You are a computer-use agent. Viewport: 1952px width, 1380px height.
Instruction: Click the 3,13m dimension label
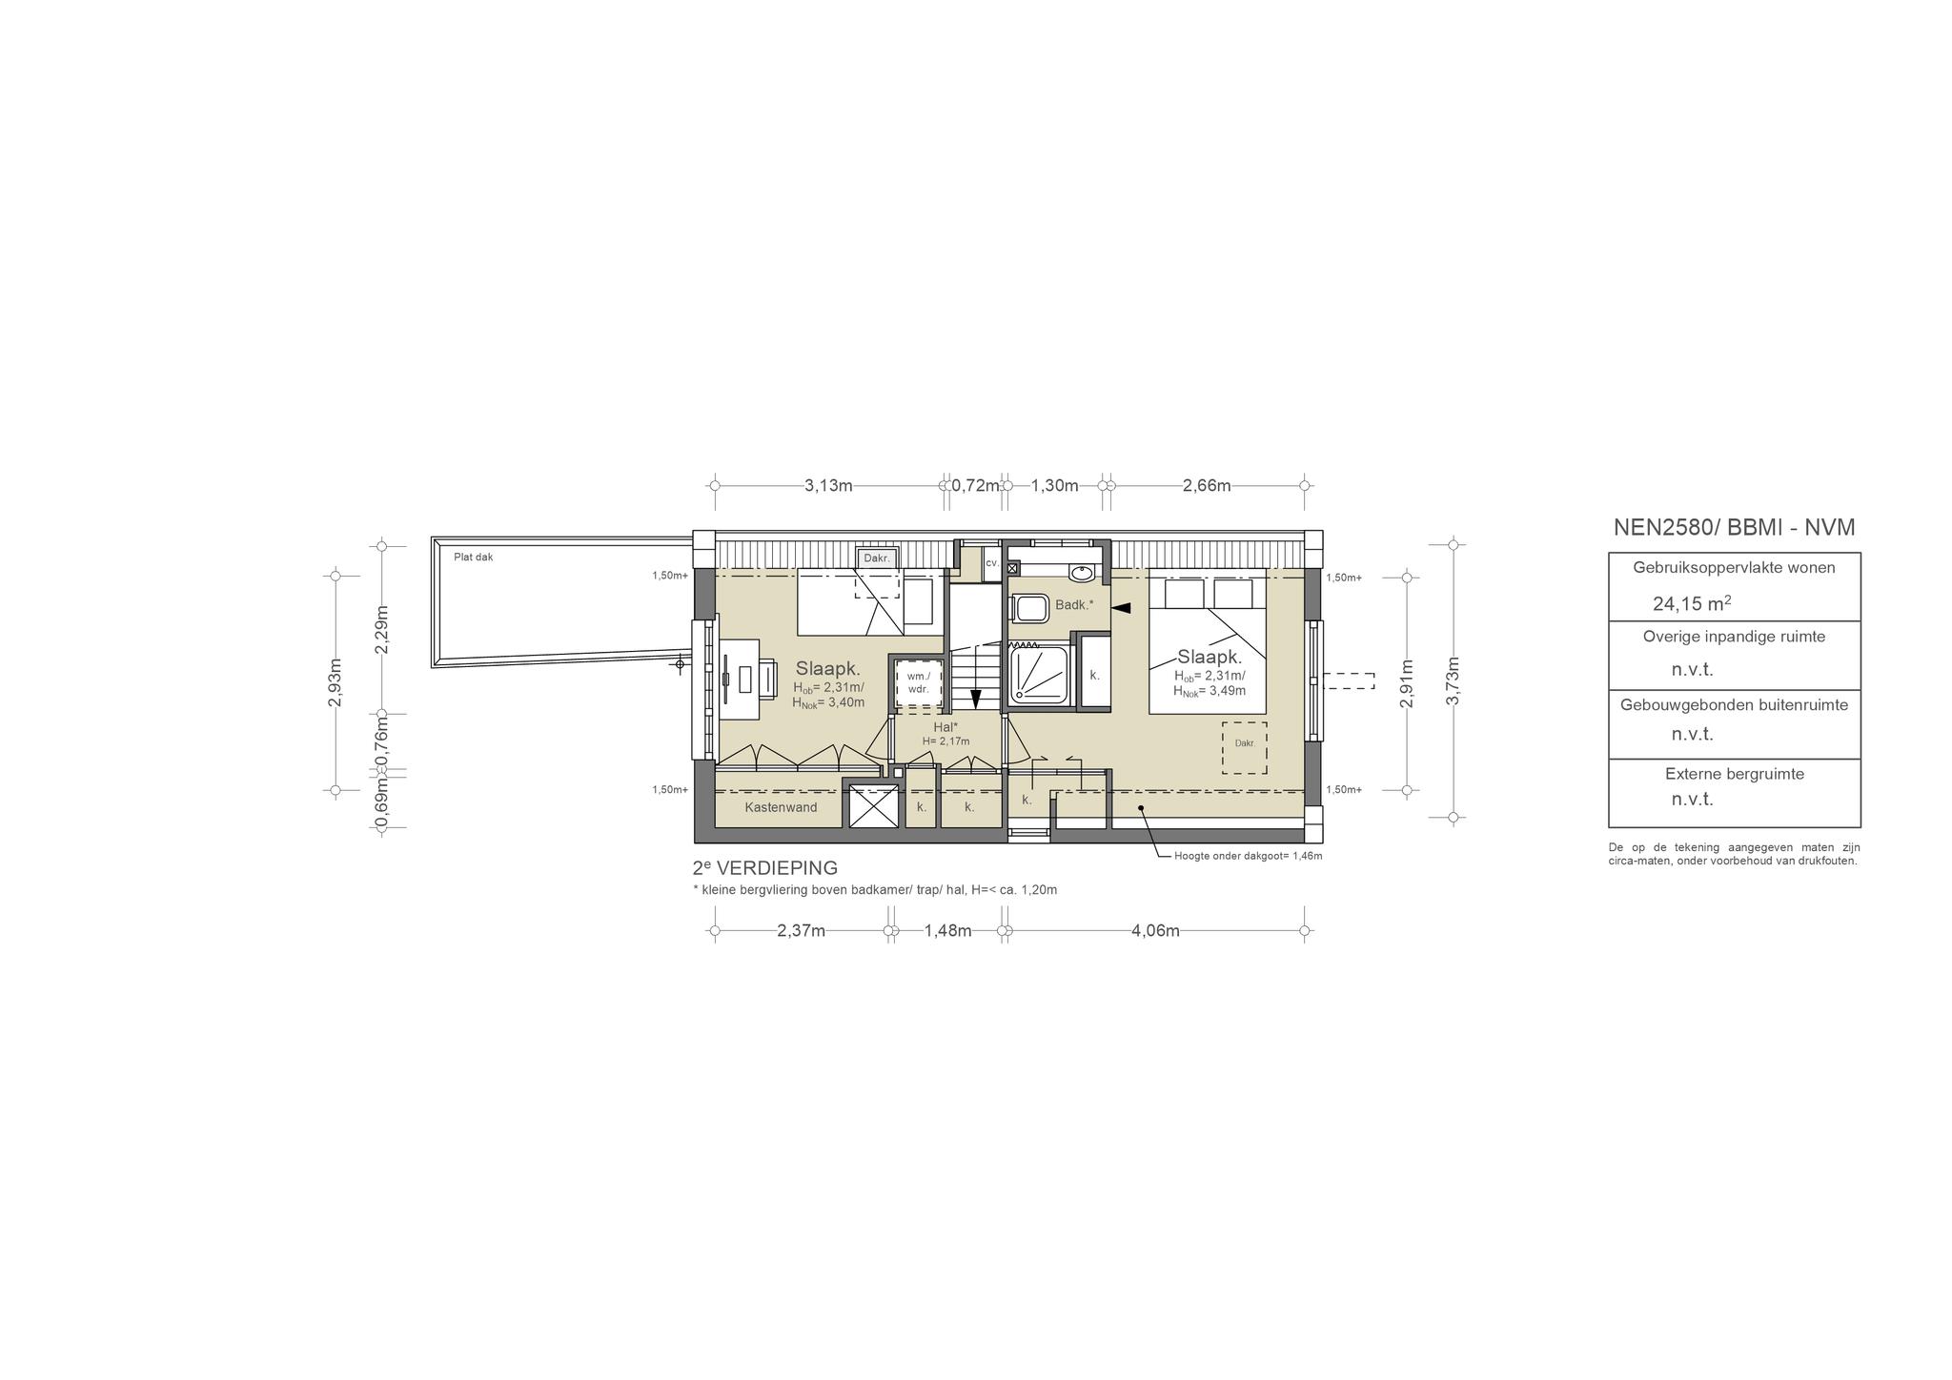pos(828,485)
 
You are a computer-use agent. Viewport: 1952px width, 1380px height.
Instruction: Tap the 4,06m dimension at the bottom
pos(1155,931)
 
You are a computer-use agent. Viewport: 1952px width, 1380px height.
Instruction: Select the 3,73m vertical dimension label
pos(1454,681)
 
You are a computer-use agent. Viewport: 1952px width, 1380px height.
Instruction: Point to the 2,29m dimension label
pos(381,630)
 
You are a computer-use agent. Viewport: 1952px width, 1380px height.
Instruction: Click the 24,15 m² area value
pos(1692,603)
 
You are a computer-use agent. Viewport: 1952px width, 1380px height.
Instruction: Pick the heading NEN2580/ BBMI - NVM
pos(1734,527)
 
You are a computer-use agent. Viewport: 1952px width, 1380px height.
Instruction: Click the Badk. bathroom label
pos(1074,604)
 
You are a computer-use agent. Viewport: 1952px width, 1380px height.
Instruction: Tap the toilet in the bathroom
pos(1027,607)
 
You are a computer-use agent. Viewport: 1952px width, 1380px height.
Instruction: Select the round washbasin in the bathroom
pos(1082,573)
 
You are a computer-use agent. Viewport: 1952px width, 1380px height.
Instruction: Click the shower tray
pos(1041,673)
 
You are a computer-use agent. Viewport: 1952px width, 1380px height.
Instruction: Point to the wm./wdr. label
pos(918,681)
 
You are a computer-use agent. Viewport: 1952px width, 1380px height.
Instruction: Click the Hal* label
pos(945,726)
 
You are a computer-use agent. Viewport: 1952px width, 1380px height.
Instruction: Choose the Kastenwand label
pos(781,807)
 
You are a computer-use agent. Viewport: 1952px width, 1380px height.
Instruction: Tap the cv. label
pos(992,563)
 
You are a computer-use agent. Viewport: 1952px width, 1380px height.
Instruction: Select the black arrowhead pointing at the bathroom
pos(1121,607)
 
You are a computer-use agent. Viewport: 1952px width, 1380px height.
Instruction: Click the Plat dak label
pos(474,558)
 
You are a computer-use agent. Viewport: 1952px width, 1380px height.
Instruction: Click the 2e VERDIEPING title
pos(765,868)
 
